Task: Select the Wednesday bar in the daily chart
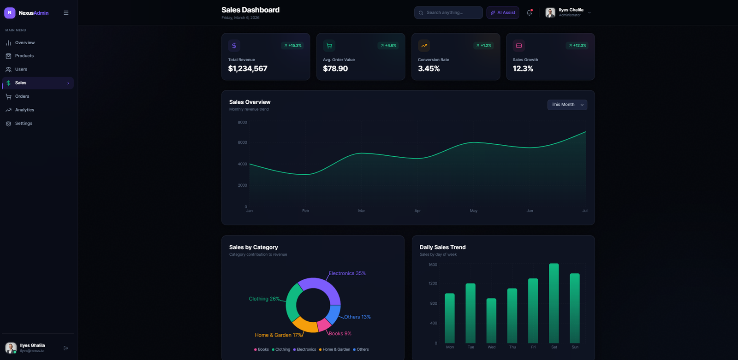(x=491, y=321)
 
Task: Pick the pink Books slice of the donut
(x=323, y=325)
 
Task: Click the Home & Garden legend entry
(x=334, y=349)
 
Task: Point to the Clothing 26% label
(x=264, y=299)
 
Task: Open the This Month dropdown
(x=567, y=105)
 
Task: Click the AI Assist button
(x=503, y=12)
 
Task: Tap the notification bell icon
(x=529, y=12)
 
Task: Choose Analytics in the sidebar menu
(x=24, y=110)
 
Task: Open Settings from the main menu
(x=24, y=124)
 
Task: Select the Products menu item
(x=24, y=56)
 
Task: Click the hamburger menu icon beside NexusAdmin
(x=66, y=13)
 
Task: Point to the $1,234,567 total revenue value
(x=248, y=69)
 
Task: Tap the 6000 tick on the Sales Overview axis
(x=242, y=142)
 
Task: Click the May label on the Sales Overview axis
(x=474, y=211)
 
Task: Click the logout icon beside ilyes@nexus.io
(x=65, y=348)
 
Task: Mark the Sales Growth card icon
(x=519, y=46)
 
